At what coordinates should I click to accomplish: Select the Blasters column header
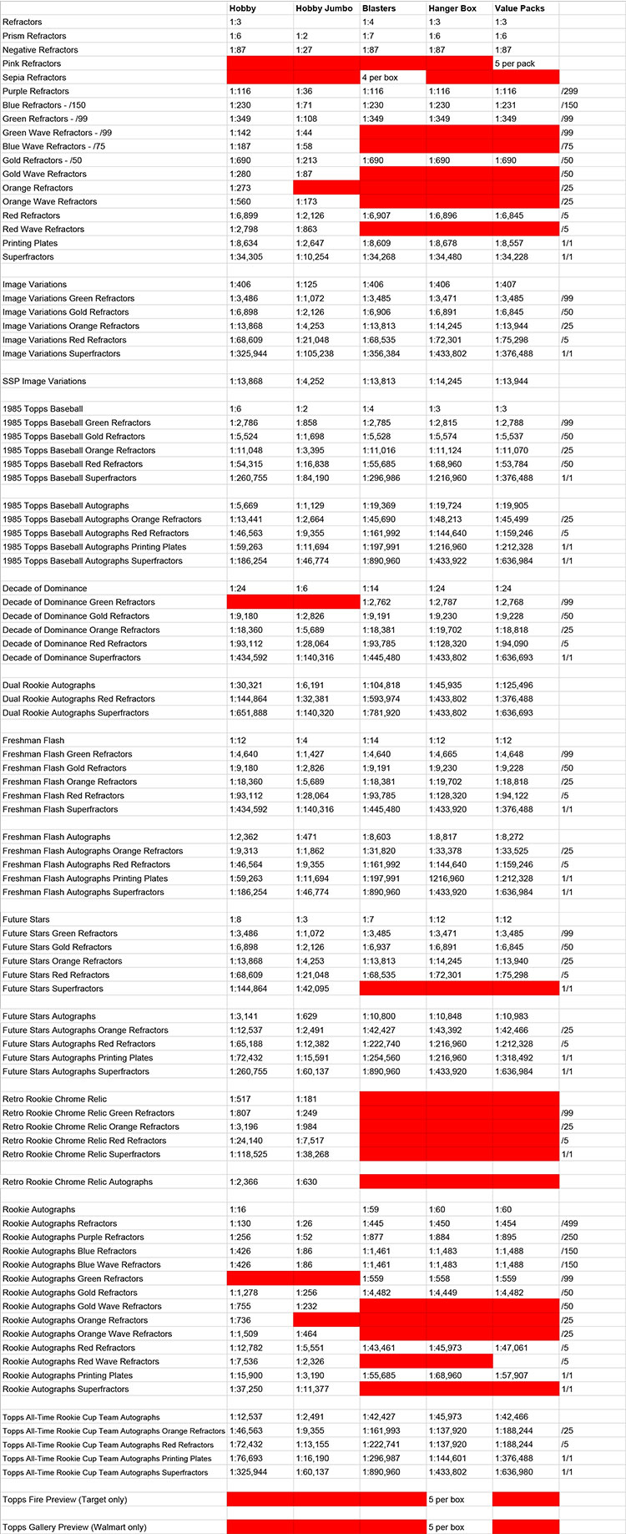379,8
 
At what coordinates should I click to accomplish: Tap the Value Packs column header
519,8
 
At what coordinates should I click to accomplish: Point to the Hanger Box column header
452,8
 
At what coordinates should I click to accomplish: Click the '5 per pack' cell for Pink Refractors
515,63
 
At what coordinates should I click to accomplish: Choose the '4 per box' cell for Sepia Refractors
380,78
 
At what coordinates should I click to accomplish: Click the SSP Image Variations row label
44,382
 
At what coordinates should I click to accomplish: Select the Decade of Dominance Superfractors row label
72,658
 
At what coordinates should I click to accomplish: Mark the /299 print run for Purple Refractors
570,91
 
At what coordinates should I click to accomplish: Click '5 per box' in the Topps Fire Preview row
447,1500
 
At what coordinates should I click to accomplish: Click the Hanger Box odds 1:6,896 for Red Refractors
447,215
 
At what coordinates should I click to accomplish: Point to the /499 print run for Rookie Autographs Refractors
570,1223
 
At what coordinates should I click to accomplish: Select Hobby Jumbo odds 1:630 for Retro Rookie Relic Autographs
305,1182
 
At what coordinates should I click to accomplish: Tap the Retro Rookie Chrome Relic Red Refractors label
84,1141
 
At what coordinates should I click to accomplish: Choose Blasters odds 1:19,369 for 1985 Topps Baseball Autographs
379,506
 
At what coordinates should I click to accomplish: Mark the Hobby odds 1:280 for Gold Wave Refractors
240,174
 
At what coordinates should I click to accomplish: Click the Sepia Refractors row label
34,78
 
